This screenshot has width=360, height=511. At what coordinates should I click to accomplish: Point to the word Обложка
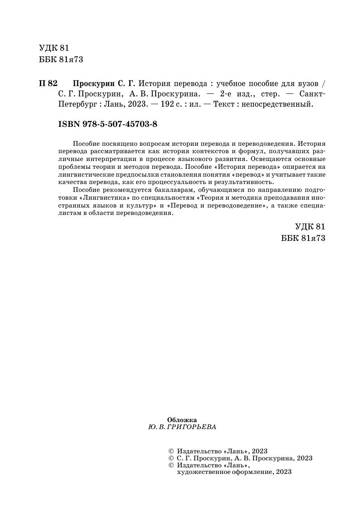(182, 420)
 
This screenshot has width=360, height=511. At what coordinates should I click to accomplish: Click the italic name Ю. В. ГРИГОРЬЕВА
(182, 427)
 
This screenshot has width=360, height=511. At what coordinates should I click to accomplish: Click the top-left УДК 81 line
(54, 48)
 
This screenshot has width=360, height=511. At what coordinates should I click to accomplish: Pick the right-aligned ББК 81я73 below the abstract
(303, 238)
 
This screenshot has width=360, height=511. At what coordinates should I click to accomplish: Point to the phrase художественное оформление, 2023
(234, 472)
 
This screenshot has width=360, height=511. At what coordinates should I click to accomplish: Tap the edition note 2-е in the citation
(228, 94)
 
